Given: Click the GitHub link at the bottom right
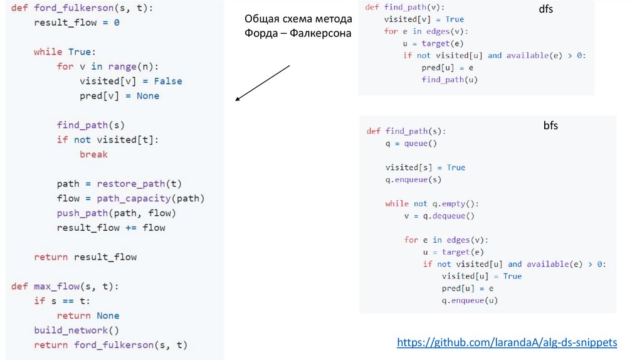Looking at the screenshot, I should pyautogui.click(x=507, y=342).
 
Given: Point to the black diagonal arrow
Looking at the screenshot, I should pyautogui.click(x=262, y=82).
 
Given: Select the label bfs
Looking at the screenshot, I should pyautogui.click(x=550, y=125).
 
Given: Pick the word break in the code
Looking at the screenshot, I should pyautogui.click(x=93, y=154).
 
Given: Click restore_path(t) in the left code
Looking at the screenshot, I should pyautogui.click(x=139, y=184).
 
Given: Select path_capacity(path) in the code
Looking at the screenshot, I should pyautogui.click(x=150, y=198).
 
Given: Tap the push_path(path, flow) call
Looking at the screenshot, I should pyautogui.click(x=111, y=213).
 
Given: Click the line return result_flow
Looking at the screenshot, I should pyautogui.click(x=85, y=257).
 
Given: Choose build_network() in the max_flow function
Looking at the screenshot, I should pyautogui.click(x=76, y=330).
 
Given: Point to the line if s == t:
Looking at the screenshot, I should pyautogui.click(x=62, y=301).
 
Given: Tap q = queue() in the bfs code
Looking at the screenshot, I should pyautogui.click(x=411, y=144).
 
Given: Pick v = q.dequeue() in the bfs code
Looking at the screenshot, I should pyautogui.click(x=439, y=216).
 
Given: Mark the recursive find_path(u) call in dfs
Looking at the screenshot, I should pyautogui.click(x=450, y=80).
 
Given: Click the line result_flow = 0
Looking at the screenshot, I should pyautogui.click(x=76, y=22).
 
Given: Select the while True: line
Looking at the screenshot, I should pyautogui.click(x=64, y=51).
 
